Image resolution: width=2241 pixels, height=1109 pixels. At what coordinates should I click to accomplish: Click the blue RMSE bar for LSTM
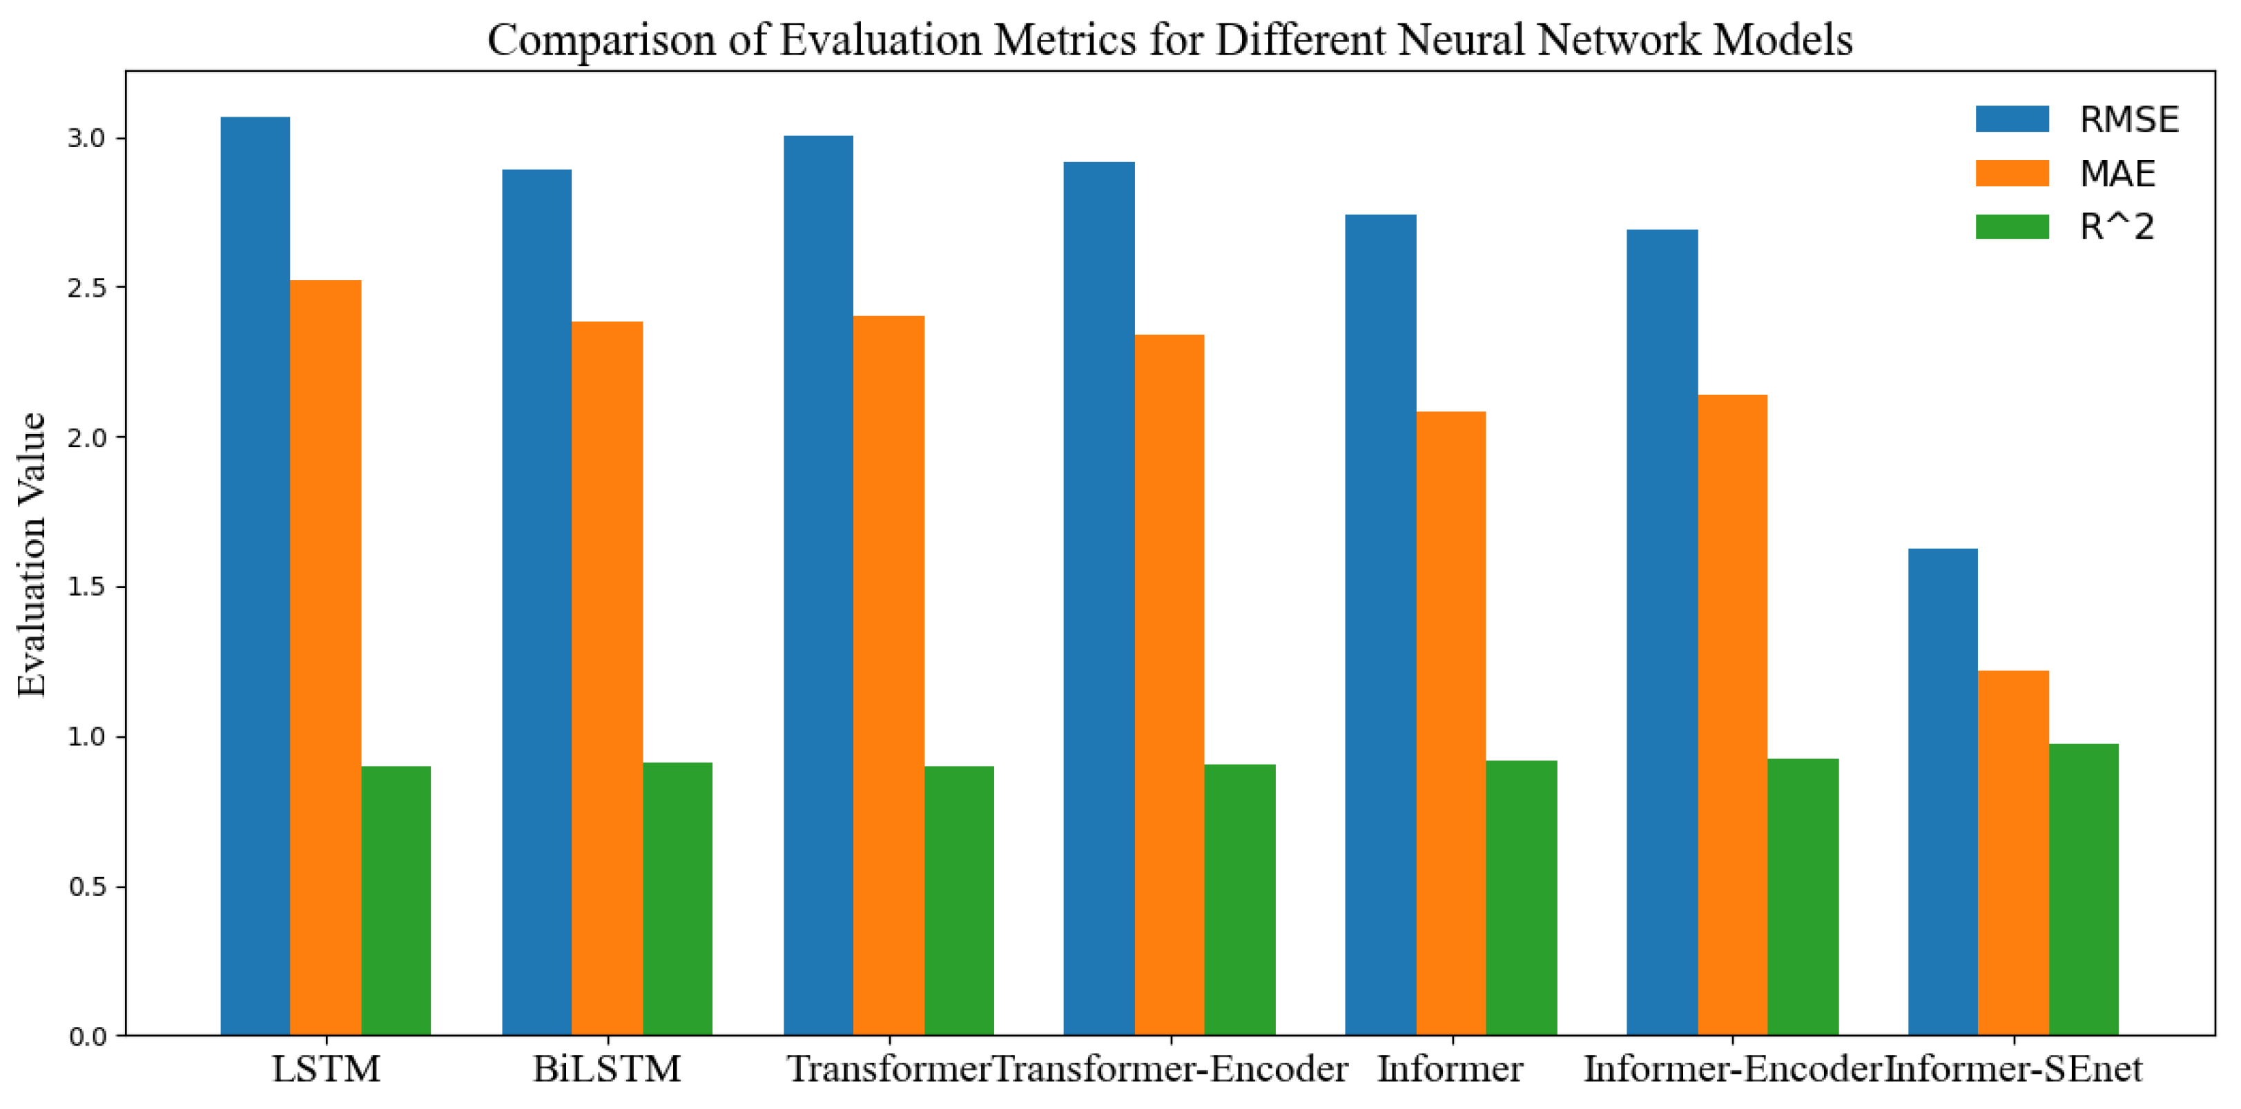tap(255, 576)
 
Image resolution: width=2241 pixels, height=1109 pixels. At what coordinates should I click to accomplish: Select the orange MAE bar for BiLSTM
tap(608, 678)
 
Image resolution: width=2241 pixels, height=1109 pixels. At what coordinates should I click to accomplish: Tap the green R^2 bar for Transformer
tap(959, 901)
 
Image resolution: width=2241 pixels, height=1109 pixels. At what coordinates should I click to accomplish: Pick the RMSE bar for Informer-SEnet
tap(1943, 792)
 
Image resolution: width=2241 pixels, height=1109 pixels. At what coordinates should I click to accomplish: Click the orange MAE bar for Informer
tap(1451, 724)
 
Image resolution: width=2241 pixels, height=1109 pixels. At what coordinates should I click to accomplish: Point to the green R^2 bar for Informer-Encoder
tap(1803, 896)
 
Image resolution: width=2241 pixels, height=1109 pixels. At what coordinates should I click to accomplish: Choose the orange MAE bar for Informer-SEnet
tap(2013, 852)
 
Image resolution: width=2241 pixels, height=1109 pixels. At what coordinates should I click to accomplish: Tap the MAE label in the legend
tap(2117, 174)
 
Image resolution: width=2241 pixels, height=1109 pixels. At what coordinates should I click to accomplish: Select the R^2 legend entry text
tap(2117, 227)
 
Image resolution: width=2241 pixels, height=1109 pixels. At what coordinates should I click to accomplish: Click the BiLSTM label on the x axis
tap(608, 1069)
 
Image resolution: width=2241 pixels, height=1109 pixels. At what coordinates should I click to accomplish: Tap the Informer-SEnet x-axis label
tap(2013, 1069)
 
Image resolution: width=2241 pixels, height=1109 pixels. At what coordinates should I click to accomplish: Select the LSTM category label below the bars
tap(327, 1069)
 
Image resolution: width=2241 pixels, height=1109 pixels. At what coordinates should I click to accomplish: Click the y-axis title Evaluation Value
tap(32, 554)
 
